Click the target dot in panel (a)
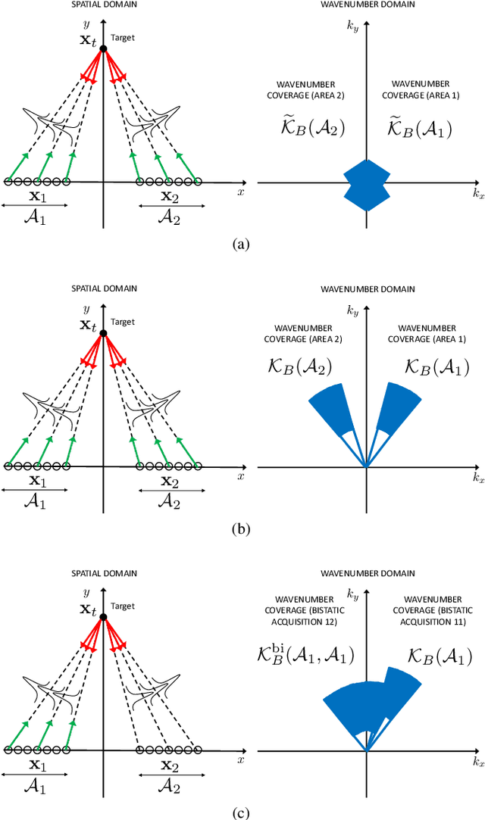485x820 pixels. (x=104, y=48)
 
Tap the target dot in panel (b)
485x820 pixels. (x=104, y=332)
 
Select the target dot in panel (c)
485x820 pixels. (x=104, y=616)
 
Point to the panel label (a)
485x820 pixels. (x=241, y=244)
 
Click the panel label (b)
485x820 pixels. (x=241, y=528)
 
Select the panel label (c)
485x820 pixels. (x=241, y=812)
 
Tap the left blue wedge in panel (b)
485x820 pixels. (x=330, y=409)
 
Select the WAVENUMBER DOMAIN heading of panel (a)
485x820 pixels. (x=366, y=5)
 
